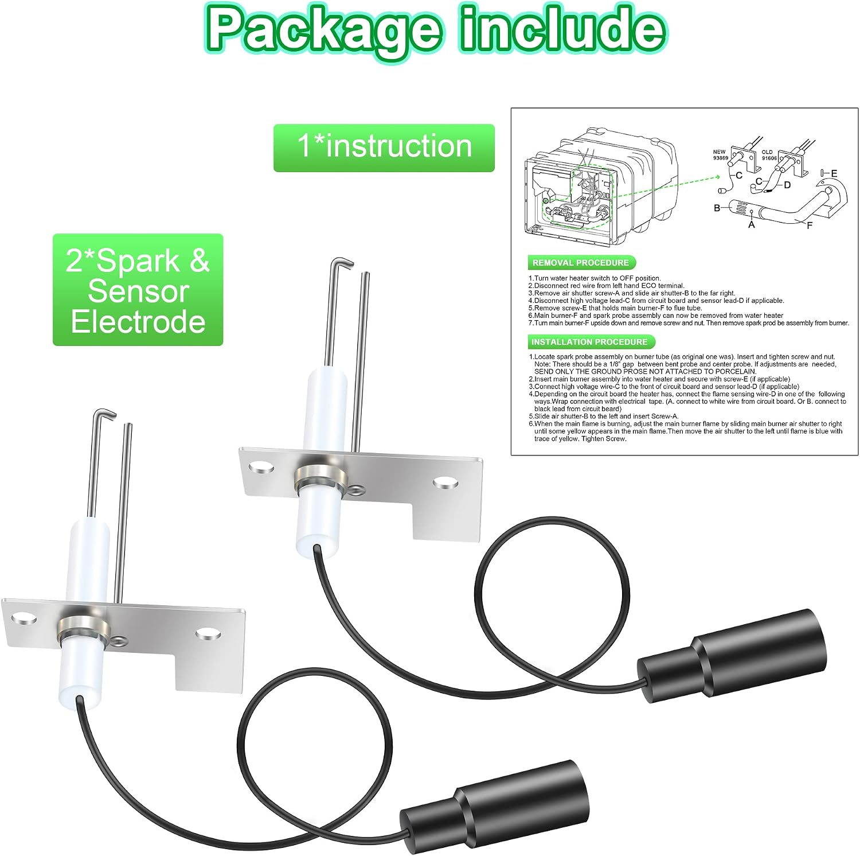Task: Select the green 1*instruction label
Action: (384, 147)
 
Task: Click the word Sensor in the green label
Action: (138, 291)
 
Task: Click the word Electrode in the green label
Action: (138, 321)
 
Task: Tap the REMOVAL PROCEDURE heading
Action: (581, 263)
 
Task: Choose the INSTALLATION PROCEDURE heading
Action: (589, 342)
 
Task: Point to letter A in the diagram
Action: (752, 225)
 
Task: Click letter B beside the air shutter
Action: (717, 208)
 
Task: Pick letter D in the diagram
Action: (787, 185)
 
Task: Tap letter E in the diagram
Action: (834, 173)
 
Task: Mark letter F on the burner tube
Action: (810, 225)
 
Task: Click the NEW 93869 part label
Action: (720, 155)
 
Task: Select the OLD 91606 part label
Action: (769, 155)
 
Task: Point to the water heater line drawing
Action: (601, 184)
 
